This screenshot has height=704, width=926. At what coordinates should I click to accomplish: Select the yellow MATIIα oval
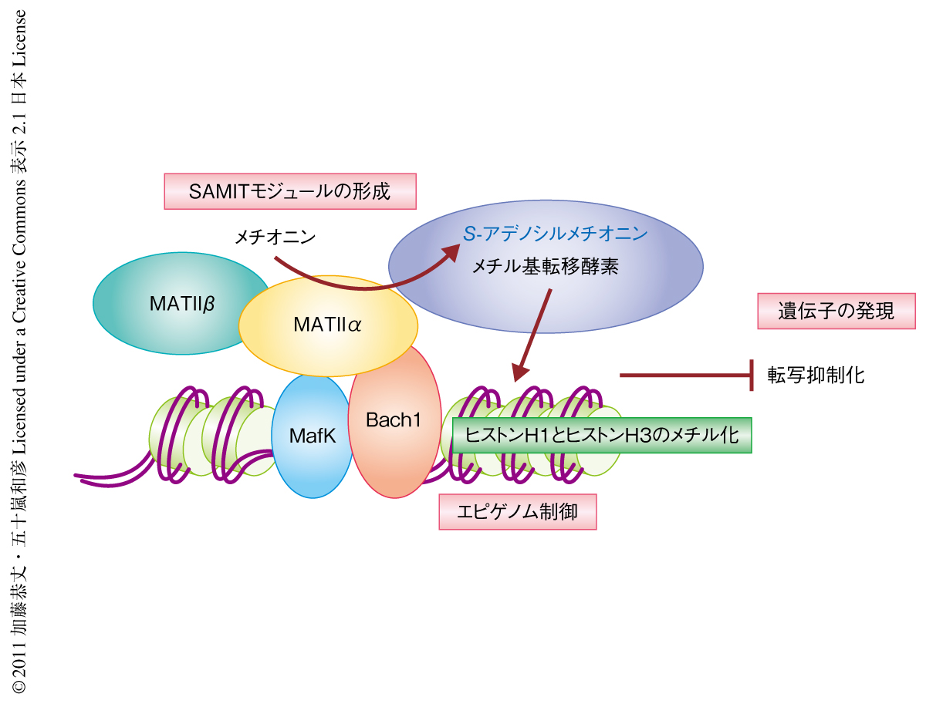(328, 325)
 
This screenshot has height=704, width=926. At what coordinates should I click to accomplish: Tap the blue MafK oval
(313, 436)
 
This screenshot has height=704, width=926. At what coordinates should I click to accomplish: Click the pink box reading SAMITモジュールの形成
(290, 192)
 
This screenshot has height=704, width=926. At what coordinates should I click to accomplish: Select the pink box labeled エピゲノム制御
(518, 512)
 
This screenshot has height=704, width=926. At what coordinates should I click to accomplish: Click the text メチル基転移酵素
(546, 267)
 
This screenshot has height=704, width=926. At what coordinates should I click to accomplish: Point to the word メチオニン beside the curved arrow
(275, 237)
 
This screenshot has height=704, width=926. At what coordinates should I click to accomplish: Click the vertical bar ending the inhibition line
(752, 376)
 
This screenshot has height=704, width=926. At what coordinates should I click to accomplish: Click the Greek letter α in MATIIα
(354, 325)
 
